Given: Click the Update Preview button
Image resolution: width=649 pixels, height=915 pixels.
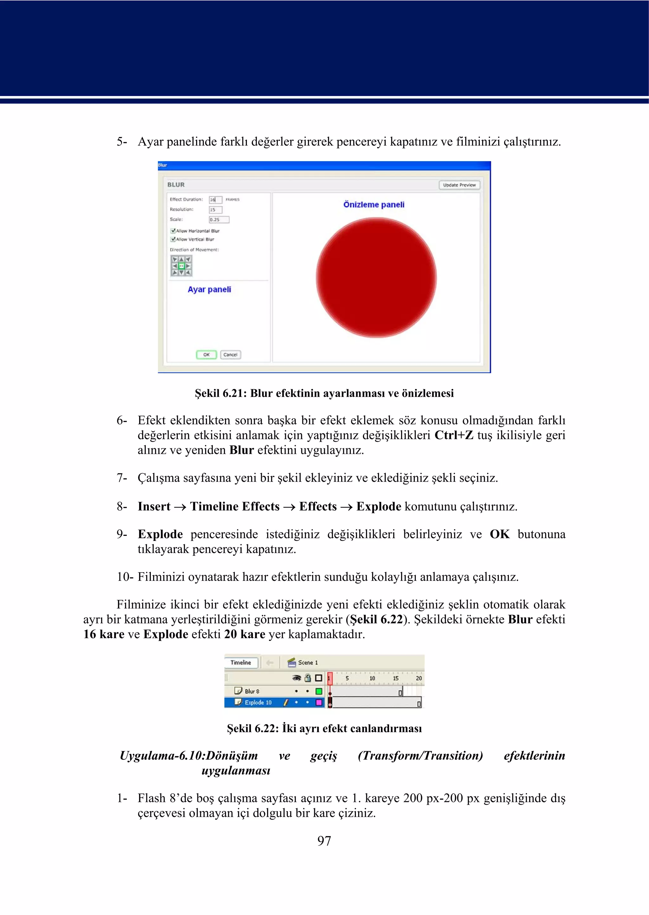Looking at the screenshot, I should (x=459, y=185).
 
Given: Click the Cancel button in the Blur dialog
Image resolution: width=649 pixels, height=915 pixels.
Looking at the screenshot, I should (x=230, y=355).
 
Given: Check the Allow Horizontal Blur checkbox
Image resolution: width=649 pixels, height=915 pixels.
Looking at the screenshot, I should (x=173, y=231).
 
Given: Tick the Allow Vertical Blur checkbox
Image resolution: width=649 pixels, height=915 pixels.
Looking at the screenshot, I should (x=173, y=239).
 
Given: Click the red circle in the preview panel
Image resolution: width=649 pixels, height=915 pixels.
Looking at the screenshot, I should (x=376, y=277).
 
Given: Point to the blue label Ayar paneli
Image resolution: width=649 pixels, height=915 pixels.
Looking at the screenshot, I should (x=209, y=289).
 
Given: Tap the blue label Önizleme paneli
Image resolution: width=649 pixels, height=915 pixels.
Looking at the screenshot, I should (x=374, y=205).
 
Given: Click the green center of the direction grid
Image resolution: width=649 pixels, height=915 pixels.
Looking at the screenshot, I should (x=182, y=266).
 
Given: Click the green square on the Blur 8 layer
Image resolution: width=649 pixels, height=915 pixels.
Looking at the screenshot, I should (x=318, y=691).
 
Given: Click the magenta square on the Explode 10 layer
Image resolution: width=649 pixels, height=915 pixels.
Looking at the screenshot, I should (x=318, y=702).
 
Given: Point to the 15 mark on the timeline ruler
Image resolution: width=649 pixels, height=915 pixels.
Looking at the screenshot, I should (x=395, y=678).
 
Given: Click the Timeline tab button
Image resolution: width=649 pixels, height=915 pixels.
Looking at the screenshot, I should (x=241, y=663).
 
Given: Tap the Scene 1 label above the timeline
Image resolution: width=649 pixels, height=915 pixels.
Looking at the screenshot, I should (x=308, y=663).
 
